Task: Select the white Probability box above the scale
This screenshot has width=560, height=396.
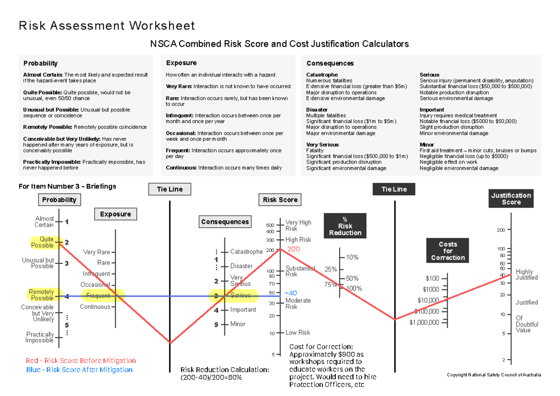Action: pos(59,200)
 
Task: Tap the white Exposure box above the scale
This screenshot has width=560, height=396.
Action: pos(115,214)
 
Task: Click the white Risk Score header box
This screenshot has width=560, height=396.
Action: pos(280,200)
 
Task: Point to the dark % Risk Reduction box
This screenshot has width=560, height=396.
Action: pos(345,226)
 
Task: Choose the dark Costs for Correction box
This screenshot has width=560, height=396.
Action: pos(448,251)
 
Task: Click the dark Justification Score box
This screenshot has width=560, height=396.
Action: pos(511,199)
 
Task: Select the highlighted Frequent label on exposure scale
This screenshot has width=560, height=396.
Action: pos(98,295)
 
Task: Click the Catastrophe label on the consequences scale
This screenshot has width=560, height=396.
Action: pos(246,252)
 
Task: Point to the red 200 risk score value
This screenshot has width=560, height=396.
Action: pos(294,249)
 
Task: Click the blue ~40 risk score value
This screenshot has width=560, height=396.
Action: pos(290,293)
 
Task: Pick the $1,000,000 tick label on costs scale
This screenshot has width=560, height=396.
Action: pos(424,322)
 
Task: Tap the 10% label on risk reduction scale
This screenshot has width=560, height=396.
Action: pos(352,257)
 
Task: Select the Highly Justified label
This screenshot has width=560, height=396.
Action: pos(526,275)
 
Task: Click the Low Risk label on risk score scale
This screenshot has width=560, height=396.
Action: pos(298,333)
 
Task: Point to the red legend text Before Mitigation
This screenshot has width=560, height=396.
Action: pos(81,361)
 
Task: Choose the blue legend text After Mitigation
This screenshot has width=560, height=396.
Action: pos(79,370)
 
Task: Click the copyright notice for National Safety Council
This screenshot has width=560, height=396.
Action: pos(494,375)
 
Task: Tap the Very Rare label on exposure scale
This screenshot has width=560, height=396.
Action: pos(97,252)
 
